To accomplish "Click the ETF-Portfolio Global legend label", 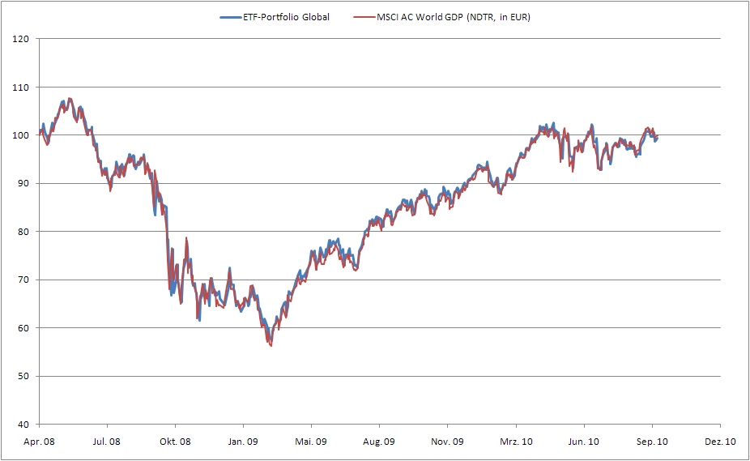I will pyautogui.click(x=288, y=16).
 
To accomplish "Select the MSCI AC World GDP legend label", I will pyautogui.click(x=453, y=16).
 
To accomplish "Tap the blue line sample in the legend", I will pyautogui.click(x=231, y=16).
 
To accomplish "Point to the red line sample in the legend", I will pyautogui.click(x=364, y=16).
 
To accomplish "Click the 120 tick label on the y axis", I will pyautogui.click(x=22, y=39).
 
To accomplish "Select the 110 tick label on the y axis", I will pyautogui.click(x=22, y=88).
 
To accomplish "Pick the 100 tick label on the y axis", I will pyautogui.click(x=22, y=135).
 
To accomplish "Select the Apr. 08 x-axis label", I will pyautogui.click(x=39, y=442).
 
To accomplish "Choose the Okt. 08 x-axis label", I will pyautogui.click(x=175, y=442).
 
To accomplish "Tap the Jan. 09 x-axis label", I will pyautogui.click(x=243, y=442).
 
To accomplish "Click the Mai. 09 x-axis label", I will pyautogui.click(x=311, y=442).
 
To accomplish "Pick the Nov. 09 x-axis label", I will pyautogui.click(x=447, y=442).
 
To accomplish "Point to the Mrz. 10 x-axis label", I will pyautogui.click(x=516, y=442).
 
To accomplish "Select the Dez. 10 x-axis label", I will pyautogui.click(x=720, y=442).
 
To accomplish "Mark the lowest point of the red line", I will pyautogui.click(x=271, y=346).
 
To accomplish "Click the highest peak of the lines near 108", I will pyautogui.click(x=70, y=99).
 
